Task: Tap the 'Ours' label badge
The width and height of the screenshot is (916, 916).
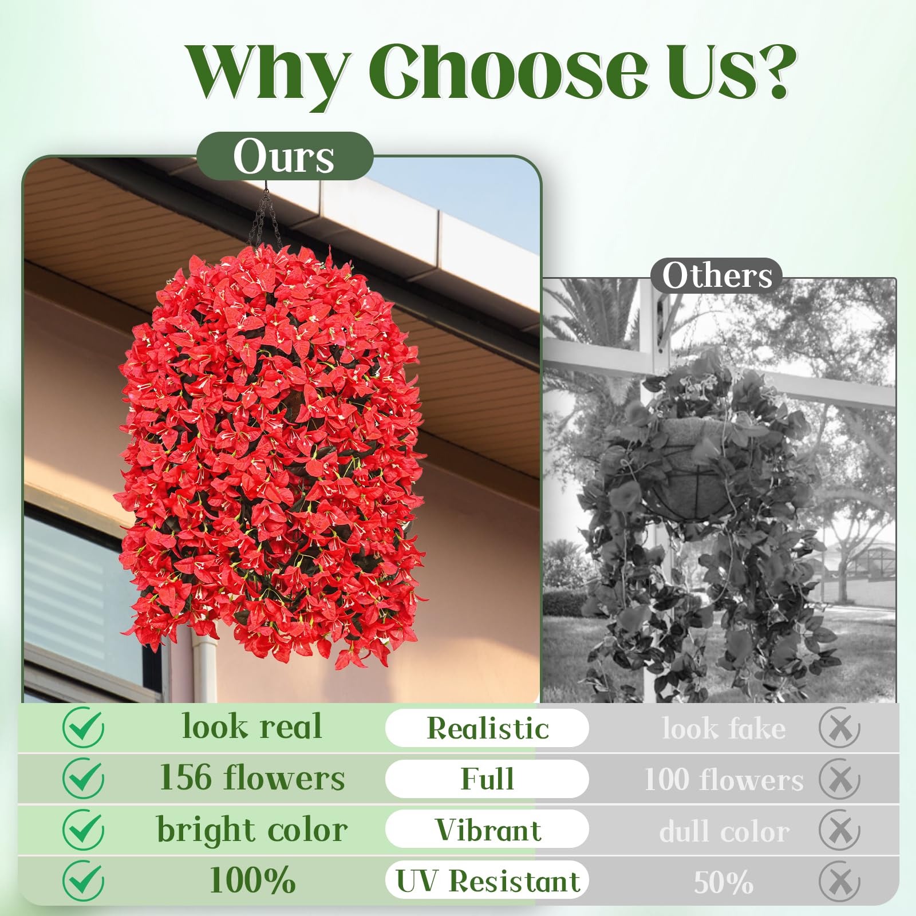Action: point(285,156)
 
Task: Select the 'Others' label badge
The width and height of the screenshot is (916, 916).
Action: point(717,276)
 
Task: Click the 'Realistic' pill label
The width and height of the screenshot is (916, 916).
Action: point(487,728)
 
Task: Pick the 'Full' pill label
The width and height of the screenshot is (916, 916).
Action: point(487,779)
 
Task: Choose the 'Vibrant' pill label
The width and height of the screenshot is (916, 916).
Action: point(487,830)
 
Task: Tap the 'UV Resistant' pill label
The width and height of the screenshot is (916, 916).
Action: point(487,881)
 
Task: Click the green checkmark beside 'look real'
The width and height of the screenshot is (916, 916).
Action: point(84,727)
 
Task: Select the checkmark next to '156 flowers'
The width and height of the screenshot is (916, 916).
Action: point(84,778)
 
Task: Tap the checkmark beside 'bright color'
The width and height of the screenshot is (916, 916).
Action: point(84,829)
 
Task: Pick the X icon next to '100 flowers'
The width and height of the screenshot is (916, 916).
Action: point(839,779)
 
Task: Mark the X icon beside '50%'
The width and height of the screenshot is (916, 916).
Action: point(839,881)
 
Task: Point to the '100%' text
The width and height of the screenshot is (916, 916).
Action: point(252,880)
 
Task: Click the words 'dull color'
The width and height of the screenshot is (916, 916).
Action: point(724,831)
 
